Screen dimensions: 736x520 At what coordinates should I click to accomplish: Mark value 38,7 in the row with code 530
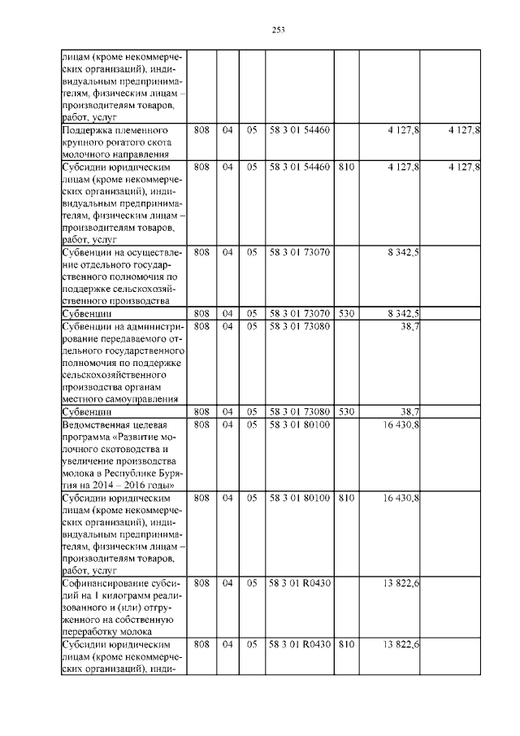click(408, 412)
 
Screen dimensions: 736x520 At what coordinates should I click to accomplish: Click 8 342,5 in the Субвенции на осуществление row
click(404, 252)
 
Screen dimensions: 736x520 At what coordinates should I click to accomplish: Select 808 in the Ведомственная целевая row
click(203, 424)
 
